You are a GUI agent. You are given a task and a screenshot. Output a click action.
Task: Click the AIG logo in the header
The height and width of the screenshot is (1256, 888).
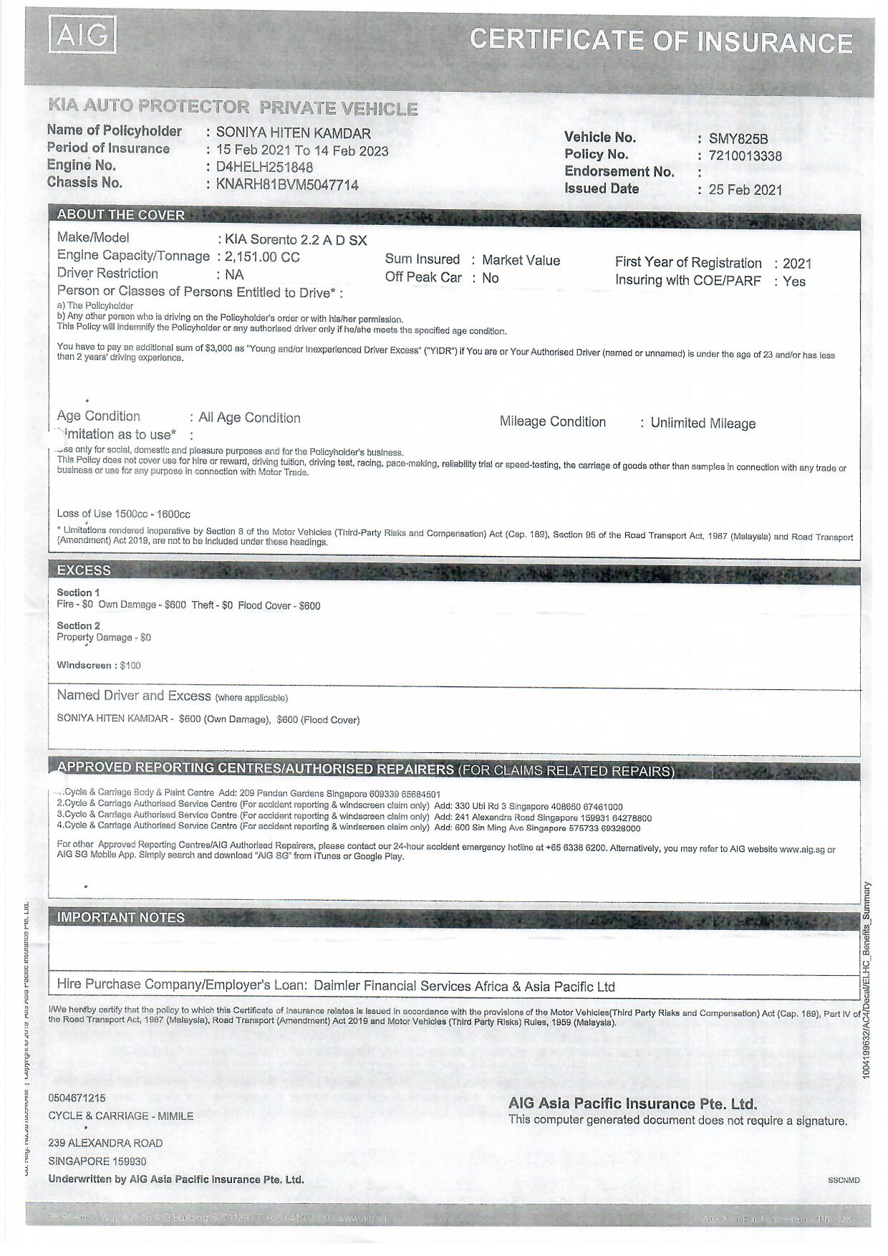(82, 36)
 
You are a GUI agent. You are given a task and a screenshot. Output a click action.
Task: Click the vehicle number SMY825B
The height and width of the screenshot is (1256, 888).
(738, 139)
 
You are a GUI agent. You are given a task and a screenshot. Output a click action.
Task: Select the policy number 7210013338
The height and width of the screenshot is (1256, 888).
(745, 156)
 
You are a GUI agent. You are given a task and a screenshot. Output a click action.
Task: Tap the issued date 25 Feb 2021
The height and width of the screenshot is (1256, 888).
(745, 190)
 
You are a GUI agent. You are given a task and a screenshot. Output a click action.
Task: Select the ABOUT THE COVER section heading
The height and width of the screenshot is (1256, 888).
(120, 215)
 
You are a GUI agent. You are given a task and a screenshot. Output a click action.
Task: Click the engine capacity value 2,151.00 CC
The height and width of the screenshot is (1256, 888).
(262, 257)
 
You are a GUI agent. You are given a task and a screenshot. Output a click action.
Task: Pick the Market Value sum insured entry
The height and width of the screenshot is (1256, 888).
(521, 261)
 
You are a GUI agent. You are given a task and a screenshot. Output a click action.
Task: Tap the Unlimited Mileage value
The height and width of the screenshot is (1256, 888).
(703, 423)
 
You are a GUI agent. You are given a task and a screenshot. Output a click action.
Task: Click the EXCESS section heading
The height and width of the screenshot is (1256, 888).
(84, 570)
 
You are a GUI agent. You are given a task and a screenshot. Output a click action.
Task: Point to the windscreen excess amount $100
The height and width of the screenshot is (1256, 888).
(130, 666)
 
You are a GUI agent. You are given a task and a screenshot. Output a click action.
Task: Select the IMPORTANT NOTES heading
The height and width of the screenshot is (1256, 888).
(120, 918)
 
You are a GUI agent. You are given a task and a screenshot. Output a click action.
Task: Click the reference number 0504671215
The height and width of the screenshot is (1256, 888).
(77, 1098)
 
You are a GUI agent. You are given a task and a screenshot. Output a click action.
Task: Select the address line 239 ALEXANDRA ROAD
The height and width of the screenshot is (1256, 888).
(105, 1143)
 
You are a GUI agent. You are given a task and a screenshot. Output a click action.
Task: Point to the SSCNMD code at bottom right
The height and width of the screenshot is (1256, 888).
(844, 1180)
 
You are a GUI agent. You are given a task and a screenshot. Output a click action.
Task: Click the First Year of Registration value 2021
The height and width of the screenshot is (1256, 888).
(797, 264)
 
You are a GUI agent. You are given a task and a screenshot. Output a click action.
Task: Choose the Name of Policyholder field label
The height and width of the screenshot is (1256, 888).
(114, 130)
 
